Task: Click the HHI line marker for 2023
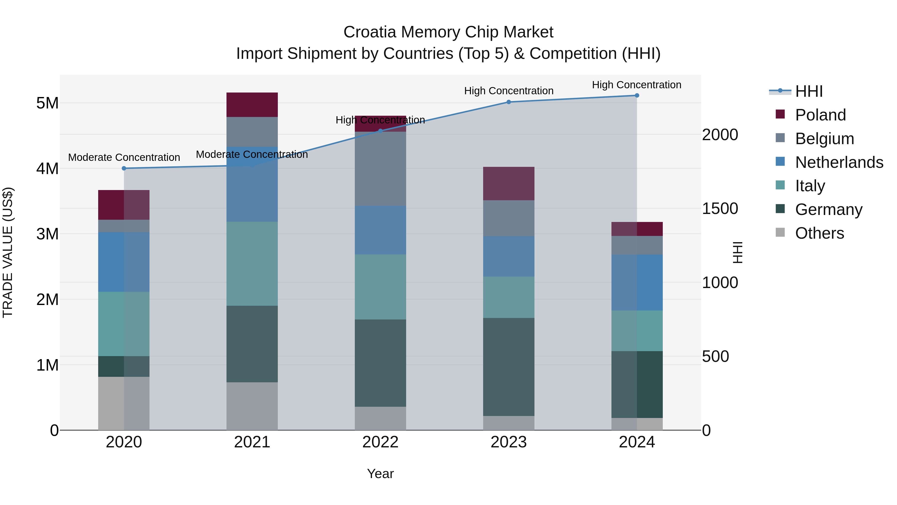coord(508,102)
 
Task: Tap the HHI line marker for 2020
coord(124,168)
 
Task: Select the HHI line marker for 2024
coord(637,96)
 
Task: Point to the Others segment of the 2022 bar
coord(380,418)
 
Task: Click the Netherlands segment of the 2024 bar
coord(637,282)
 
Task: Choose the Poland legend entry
coord(820,115)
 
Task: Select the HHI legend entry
coord(809,91)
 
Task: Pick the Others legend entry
coord(819,233)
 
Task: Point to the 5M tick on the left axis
coord(47,103)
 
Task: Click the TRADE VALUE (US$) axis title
coord(8,252)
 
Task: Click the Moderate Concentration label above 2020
coord(124,158)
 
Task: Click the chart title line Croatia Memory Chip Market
coord(448,32)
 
